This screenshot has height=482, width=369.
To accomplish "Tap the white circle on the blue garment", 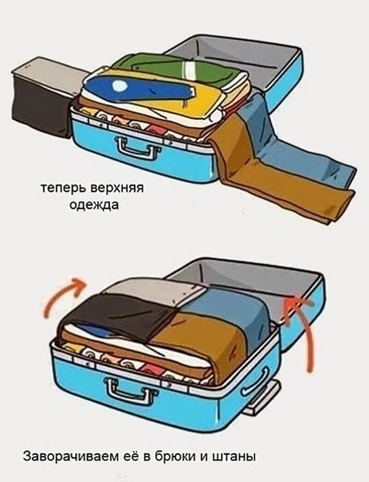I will [x=119, y=85].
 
